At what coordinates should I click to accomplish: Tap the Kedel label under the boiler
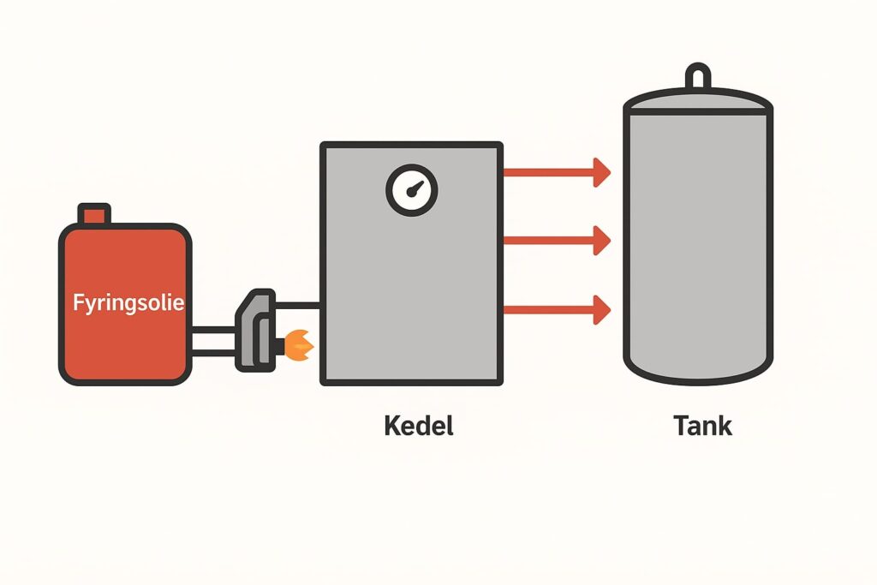[418, 425]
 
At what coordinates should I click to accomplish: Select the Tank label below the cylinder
[702, 425]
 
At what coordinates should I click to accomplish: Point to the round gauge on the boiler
[412, 189]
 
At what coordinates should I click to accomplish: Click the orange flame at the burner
[299, 344]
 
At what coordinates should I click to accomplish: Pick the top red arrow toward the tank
[556, 173]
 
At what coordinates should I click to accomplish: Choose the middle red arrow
[556, 240]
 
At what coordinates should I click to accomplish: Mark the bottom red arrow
[556, 308]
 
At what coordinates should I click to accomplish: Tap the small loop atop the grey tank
[698, 78]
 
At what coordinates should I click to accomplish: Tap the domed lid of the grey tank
[698, 100]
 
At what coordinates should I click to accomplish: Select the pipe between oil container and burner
[214, 340]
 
